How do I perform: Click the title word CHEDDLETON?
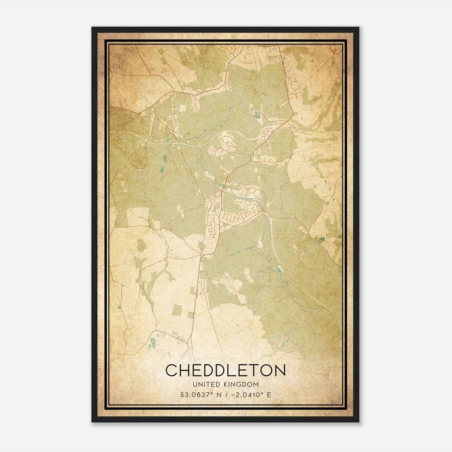(x=225, y=370)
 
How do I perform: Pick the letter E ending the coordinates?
(x=269, y=395)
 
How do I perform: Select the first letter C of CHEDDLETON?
(x=171, y=370)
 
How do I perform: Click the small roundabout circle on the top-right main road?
(x=282, y=61)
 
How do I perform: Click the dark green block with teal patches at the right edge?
(x=320, y=241)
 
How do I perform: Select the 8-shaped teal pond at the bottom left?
(x=153, y=344)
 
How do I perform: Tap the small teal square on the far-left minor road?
(x=119, y=307)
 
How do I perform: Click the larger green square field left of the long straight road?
(x=177, y=310)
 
